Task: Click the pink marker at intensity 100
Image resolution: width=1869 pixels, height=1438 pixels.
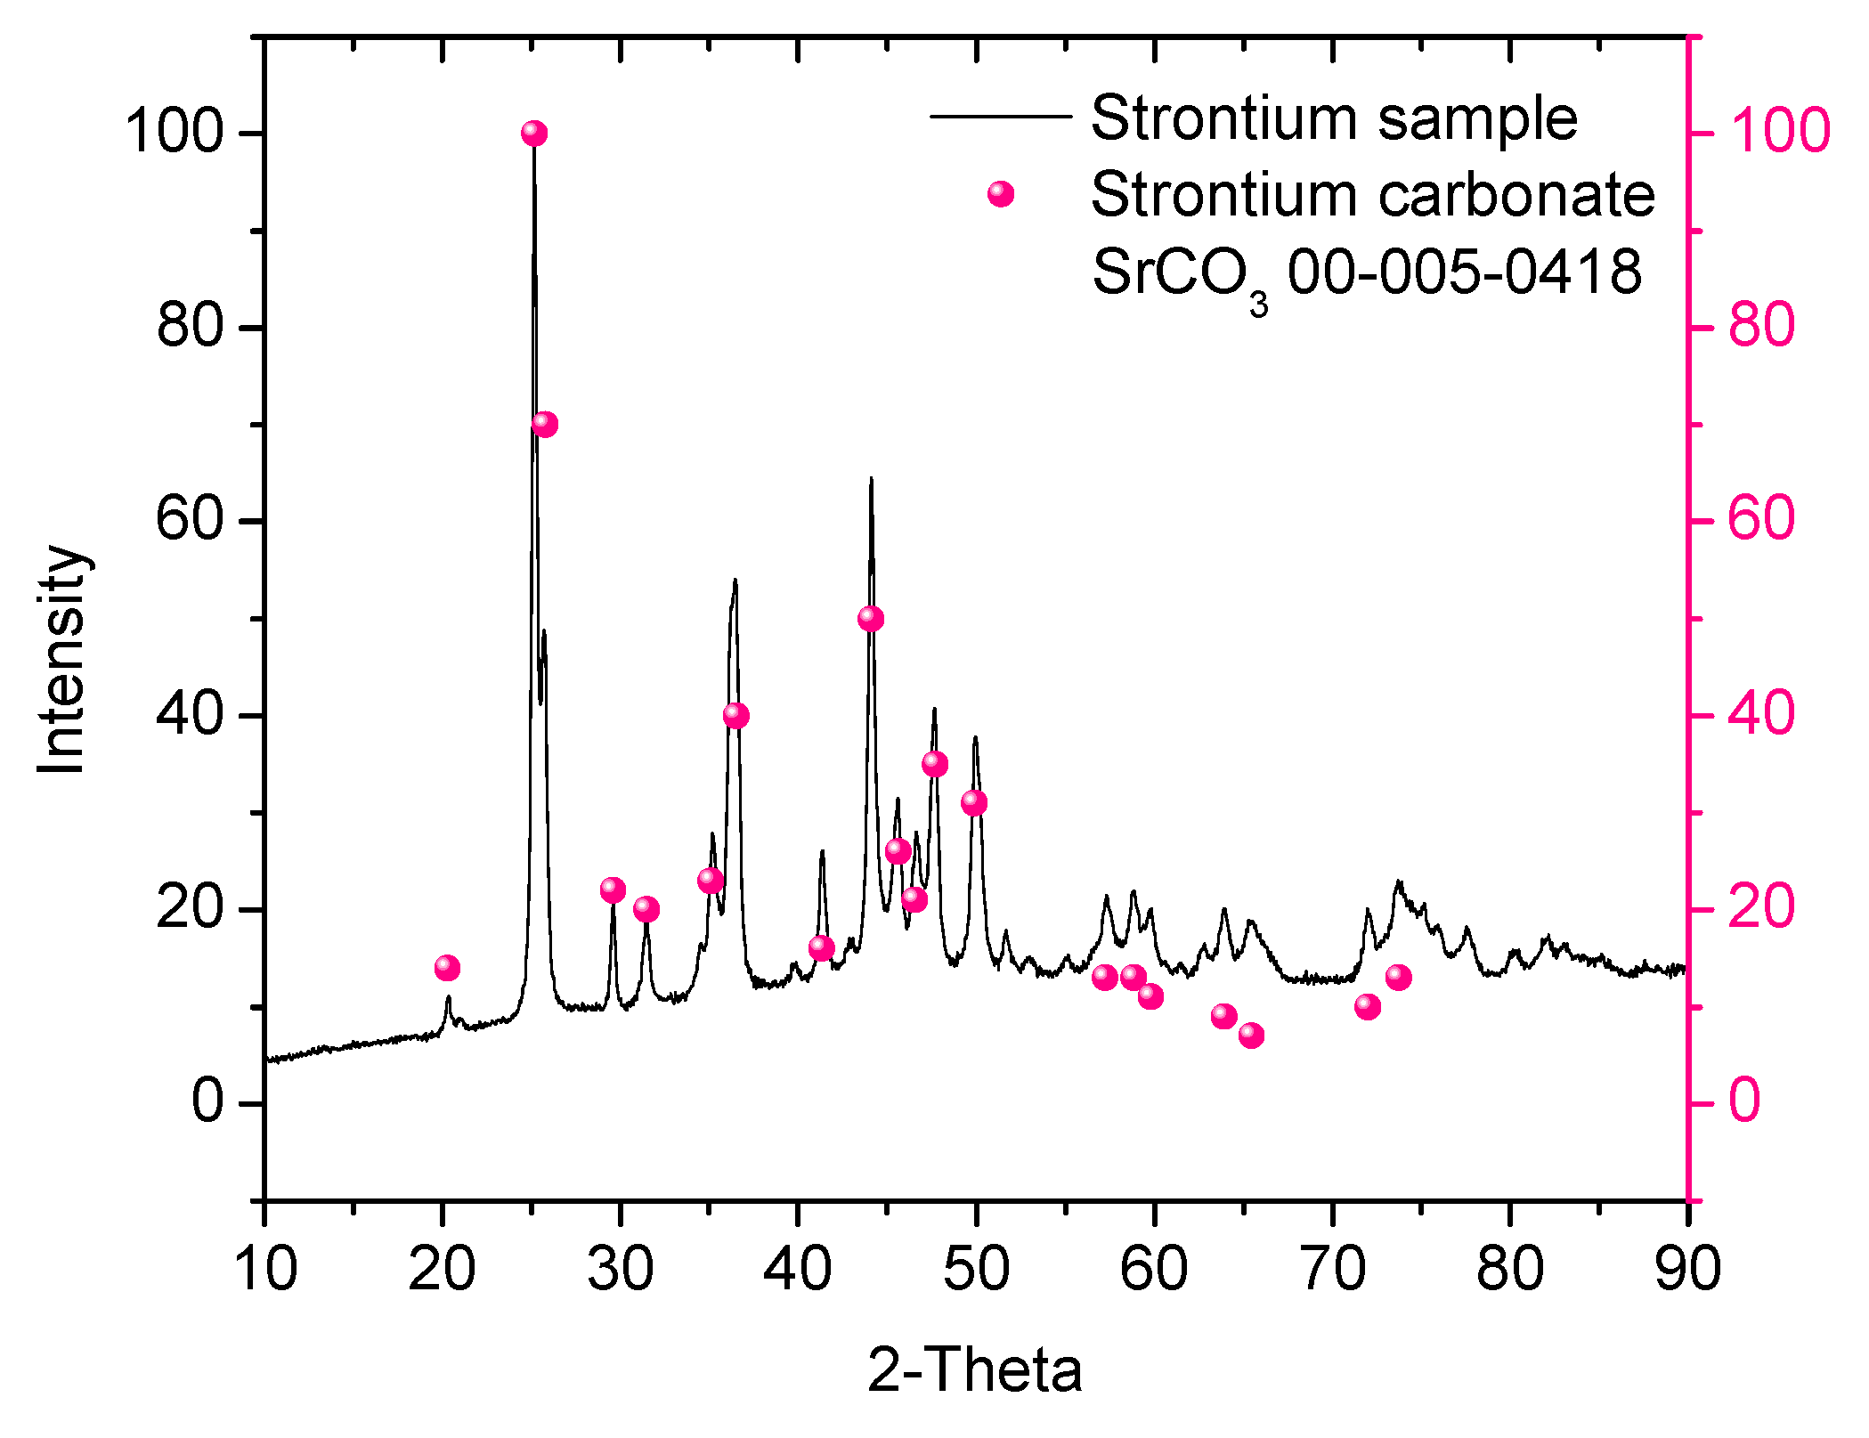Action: point(533,134)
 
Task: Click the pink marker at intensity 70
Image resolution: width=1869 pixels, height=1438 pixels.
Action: point(544,425)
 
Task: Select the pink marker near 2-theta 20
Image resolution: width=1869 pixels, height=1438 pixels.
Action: point(447,968)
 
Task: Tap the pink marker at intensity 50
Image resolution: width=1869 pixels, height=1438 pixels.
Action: point(870,619)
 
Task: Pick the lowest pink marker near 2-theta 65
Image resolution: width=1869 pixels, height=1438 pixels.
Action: point(1250,1036)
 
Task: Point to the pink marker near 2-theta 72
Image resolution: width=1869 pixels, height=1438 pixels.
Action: point(1367,1007)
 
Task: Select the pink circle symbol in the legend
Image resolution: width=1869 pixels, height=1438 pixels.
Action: point(1000,194)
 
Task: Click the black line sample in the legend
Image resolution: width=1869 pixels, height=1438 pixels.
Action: point(999,117)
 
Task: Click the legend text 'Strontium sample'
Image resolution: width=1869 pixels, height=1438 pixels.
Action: point(1333,118)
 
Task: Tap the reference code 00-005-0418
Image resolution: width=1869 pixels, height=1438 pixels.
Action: point(1464,271)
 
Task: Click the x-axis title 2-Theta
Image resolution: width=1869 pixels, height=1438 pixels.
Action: point(974,1370)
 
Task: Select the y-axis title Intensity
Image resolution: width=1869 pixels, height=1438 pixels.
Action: point(62,659)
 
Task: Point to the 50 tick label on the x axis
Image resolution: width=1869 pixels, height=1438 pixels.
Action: point(976,1268)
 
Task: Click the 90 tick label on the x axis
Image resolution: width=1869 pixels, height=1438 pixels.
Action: point(1686,1268)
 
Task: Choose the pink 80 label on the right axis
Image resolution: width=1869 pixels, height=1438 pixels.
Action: point(1761,326)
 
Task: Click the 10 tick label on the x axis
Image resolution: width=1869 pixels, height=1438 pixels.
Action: point(264,1268)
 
